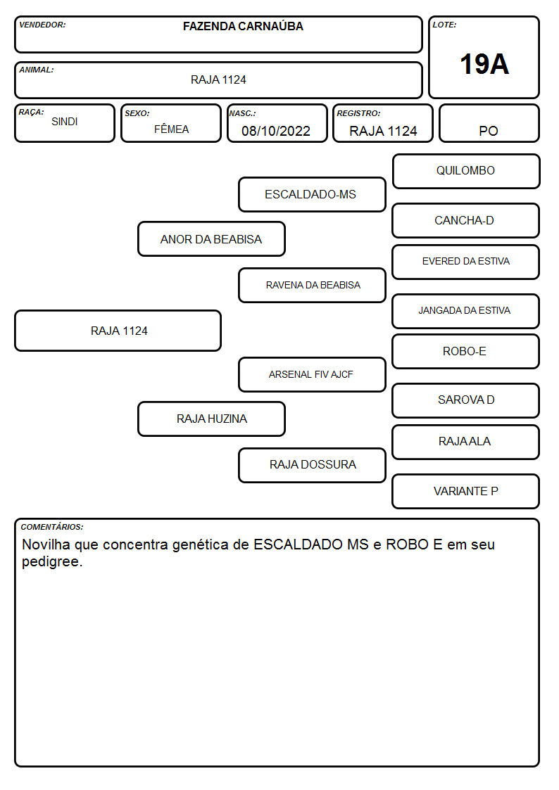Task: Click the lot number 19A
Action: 484,64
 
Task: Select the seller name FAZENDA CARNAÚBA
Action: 243,26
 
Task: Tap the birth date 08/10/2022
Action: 276,131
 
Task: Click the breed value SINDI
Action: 65,122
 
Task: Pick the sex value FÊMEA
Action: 171,129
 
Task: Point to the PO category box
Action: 489,123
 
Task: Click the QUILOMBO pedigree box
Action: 466,172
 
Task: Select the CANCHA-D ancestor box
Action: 465,220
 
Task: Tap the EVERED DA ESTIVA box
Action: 465,262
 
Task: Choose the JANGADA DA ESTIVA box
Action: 465,311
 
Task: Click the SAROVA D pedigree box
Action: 465,400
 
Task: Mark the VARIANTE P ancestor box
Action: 465,491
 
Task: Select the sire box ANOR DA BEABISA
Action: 211,238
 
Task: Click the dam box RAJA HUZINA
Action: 211,419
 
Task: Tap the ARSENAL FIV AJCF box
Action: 312,374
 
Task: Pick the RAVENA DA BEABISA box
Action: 312,285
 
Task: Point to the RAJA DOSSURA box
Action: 312,465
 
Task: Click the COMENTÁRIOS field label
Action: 52,527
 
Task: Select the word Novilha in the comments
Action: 46,544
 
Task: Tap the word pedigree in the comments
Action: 52,562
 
